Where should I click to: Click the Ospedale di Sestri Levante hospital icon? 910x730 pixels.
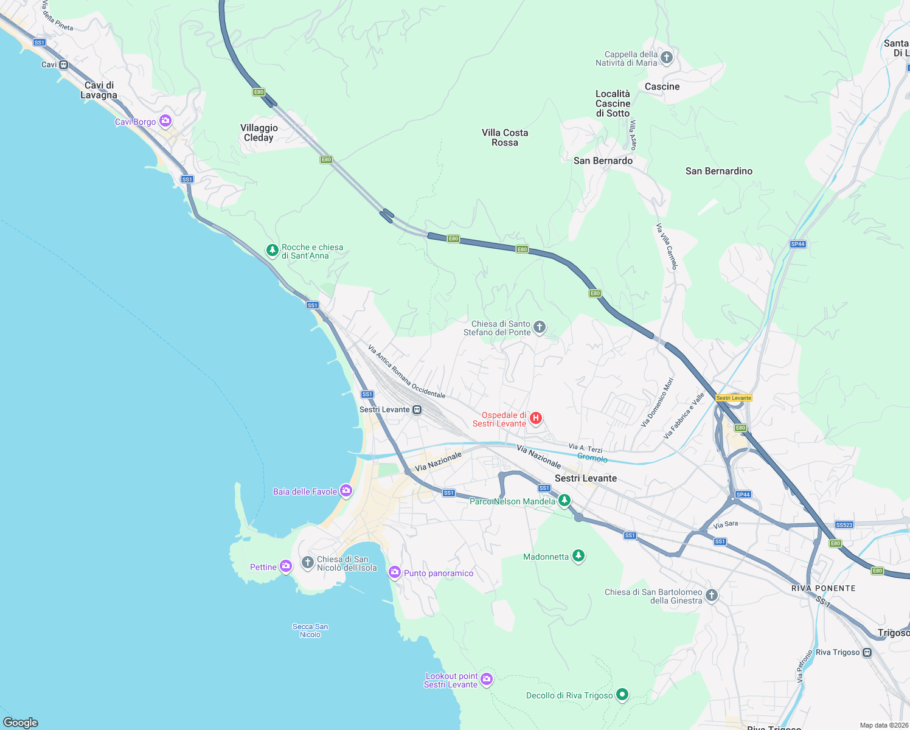pyautogui.click(x=536, y=418)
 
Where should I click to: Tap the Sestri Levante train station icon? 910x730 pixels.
pyautogui.click(x=417, y=409)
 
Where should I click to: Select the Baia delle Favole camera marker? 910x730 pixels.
pyautogui.click(x=346, y=491)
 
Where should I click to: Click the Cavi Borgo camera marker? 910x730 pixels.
pyautogui.click(x=165, y=121)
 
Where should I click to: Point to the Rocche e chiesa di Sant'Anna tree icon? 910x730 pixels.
pyautogui.click(x=273, y=250)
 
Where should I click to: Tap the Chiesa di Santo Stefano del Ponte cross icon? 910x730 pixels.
pyautogui.click(x=540, y=328)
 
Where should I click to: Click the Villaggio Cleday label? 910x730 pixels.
pyautogui.click(x=259, y=133)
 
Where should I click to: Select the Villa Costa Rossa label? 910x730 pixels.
pyautogui.click(x=505, y=137)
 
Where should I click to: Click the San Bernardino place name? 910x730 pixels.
pyautogui.click(x=718, y=171)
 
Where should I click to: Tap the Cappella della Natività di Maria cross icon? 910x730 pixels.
pyautogui.click(x=667, y=58)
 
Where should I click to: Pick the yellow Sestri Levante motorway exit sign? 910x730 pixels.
pyautogui.click(x=734, y=398)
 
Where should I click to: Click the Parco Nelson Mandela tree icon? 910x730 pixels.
pyautogui.click(x=564, y=501)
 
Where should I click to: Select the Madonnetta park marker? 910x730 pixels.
pyautogui.click(x=578, y=557)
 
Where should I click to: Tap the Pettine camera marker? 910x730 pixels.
pyautogui.click(x=286, y=566)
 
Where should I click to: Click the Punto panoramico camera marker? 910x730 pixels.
pyautogui.click(x=395, y=572)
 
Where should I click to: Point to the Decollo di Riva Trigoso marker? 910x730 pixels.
pyautogui.click(x=622, y=695)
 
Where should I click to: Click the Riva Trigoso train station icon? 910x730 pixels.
pyautogui.click(x=867, y=653)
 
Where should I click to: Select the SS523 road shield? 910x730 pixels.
pyautogui.click(x=844, y=524)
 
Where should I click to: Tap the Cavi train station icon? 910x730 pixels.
pyautogui.click(x=64, y=64)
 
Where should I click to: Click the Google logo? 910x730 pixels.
pyautogui.click(x=21, y=722)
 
